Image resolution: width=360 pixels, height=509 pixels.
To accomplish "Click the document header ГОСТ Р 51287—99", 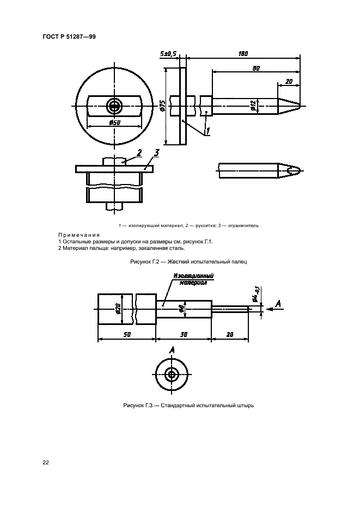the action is pos(69,36).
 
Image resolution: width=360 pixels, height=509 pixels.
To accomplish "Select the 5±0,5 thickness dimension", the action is pos(168,54).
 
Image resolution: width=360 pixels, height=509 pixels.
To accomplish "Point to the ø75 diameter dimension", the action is pos(163,106).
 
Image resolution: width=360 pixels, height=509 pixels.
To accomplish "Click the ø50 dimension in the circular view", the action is pos(115,122).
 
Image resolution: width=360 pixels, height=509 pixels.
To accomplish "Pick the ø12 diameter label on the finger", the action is pos(254,106).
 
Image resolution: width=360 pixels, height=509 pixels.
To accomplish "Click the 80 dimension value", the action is pos(256,69).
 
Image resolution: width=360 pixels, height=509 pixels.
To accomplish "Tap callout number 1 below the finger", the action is pos(208,131).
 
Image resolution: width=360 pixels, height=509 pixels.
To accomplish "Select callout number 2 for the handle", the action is pos(139,152).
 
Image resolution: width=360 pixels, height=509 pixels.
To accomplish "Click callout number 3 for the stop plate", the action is pos(156,152).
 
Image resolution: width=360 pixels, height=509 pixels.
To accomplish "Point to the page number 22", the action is pos(46,463).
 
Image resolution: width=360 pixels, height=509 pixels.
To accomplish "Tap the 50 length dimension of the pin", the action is pos(127,334).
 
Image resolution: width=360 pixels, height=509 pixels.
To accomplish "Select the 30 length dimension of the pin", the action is pos(184,334).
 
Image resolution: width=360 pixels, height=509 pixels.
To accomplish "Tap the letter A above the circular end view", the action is pos(172,350).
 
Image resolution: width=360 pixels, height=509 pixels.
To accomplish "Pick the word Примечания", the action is pos(79,235).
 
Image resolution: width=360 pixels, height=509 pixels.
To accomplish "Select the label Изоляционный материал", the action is pos(193,279).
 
